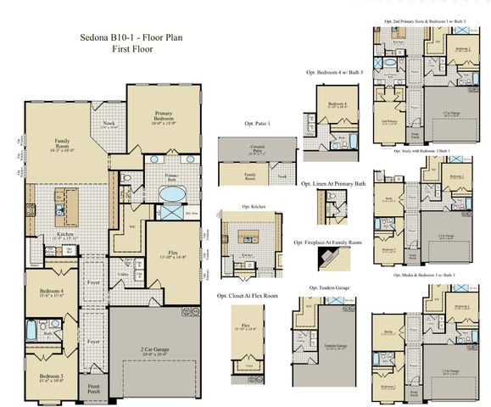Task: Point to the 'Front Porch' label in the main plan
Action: coord(94,389)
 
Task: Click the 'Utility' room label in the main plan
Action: coord(123,275)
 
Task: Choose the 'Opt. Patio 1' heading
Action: coord(257,124)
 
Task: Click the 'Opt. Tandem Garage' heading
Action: coord(327,287)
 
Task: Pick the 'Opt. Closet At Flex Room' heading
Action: coord(247,296)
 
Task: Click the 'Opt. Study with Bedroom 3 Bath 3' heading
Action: coord(421,151)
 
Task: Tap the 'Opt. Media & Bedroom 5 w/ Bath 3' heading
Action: coord(424,276)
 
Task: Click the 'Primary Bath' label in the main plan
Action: coord(171,178)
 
